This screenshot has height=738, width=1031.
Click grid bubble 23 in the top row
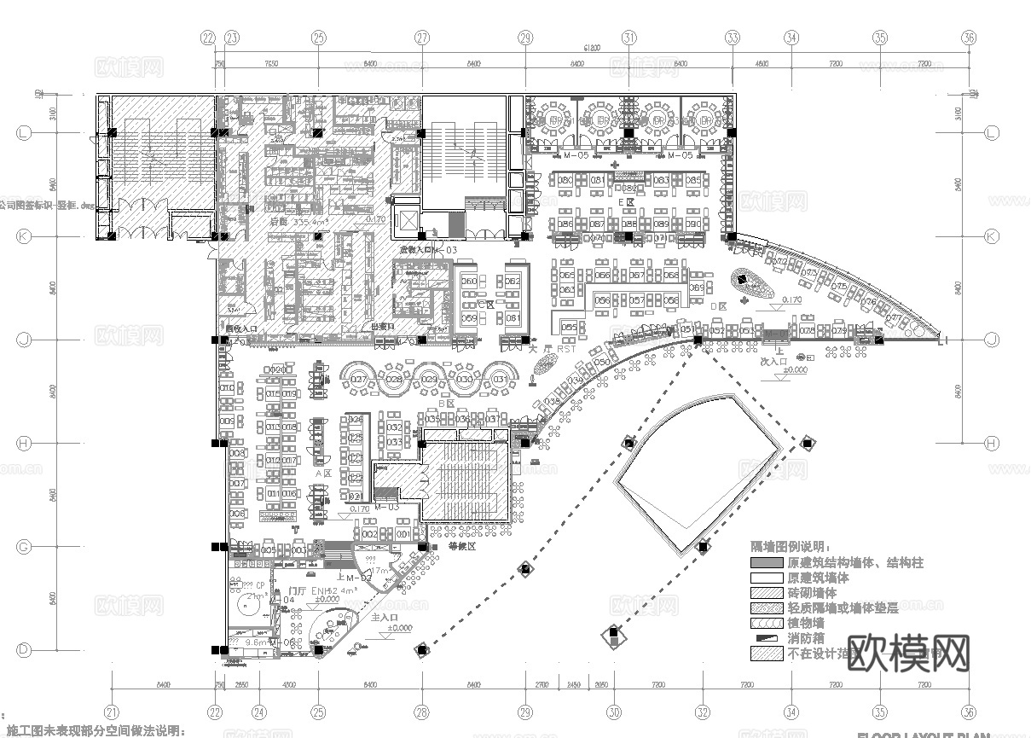pos(232,38)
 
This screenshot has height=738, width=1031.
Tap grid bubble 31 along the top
pos(629,38)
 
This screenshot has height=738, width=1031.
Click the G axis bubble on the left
pos(25,547)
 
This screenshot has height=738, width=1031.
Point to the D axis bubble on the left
pos(25,650)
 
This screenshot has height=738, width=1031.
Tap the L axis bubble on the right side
pos(992,133)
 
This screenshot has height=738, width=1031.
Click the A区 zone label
pos(322,473)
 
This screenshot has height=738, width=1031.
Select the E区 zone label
pos(631,202)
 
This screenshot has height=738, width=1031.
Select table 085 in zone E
pos(693,181)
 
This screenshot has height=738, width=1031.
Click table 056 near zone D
pos(603,300)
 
